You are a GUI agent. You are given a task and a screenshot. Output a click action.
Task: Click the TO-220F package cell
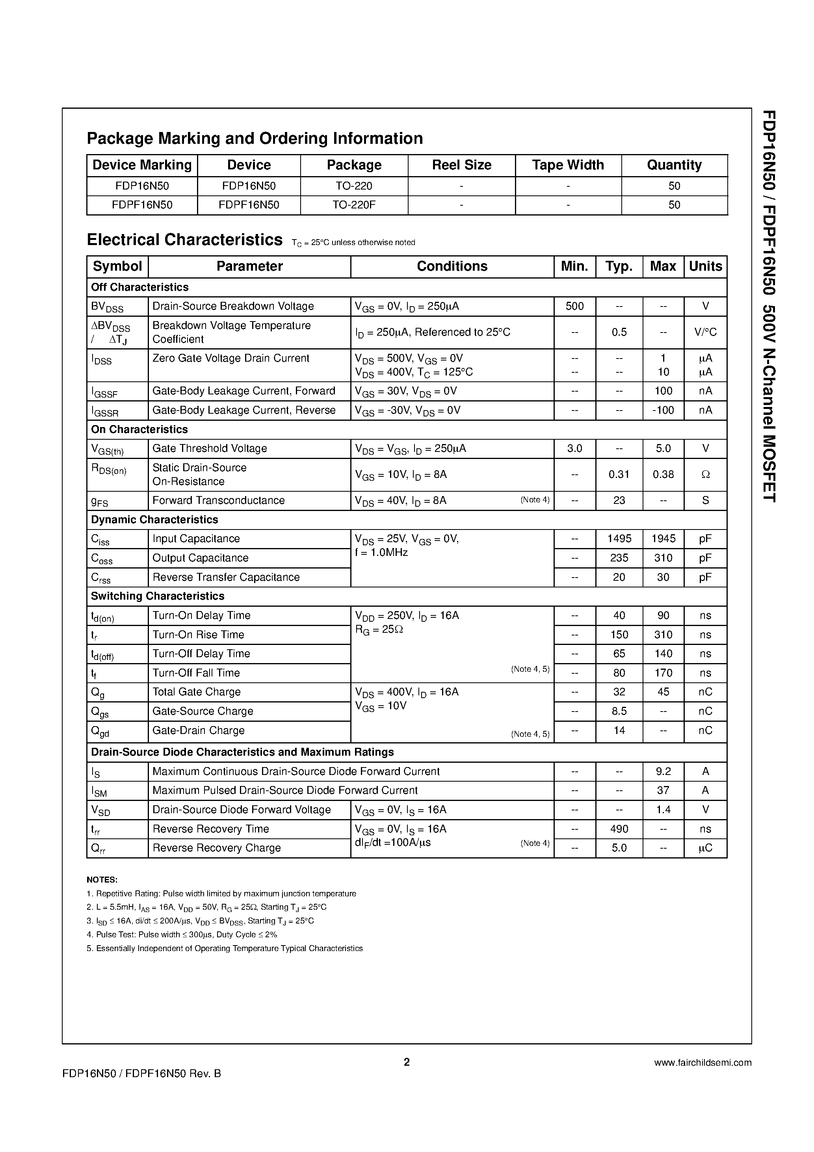coord(354,205)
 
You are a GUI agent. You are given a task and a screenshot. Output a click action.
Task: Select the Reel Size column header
coord(461,165)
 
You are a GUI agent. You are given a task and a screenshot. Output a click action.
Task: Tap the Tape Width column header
coord(568,165)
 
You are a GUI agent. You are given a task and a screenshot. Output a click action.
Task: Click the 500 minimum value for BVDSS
coord(574,306)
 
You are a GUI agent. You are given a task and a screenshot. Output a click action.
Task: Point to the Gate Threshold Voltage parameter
coord(209,449)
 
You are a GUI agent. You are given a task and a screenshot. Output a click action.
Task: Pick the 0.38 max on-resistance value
coord(663,474)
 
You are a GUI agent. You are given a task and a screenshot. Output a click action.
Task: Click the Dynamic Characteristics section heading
coord(154,520)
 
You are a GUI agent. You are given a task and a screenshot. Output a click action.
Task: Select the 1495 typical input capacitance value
coord(619,539)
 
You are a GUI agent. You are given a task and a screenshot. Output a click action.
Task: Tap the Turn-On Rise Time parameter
coord(198,635)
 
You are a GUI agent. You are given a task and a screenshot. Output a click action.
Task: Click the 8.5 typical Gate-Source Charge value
coord(619,711)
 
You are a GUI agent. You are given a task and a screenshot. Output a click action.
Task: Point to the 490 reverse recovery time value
coord(619,829)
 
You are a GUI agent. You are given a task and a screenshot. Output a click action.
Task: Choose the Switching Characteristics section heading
coord(157,596)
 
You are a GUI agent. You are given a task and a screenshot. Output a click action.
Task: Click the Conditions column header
coord(452,266)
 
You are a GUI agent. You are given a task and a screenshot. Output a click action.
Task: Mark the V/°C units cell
coord(705,332)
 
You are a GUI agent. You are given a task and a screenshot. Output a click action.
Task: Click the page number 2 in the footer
coord(407,1062)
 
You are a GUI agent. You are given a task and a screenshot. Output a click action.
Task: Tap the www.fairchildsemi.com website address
coord(702,1063)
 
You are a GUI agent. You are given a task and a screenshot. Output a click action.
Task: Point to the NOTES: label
coord(102,879)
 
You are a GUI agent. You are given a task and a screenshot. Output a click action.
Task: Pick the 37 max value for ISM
coord(663,790)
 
